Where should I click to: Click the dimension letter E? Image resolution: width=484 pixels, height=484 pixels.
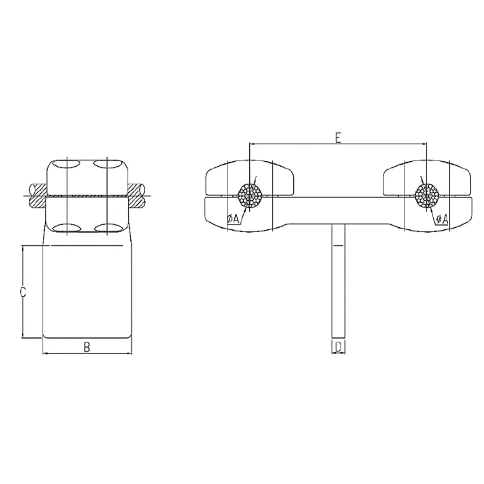[x=338, y=137]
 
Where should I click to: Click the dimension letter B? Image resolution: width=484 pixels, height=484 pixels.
[x=87, y=347]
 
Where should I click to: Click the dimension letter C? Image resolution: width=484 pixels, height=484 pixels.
[x=23, y=292]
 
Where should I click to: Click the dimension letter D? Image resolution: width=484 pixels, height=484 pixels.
[x=339, y=346]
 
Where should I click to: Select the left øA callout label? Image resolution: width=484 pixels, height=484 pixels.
[x=233, y=219]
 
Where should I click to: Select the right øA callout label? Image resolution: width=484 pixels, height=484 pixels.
[x=442, y=219]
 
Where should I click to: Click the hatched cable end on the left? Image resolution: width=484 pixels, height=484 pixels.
[x=37, y=195]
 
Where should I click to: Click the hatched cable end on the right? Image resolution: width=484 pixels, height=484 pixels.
[x=137, y=195]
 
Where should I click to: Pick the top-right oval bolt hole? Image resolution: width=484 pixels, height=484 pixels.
[x=107, y=164]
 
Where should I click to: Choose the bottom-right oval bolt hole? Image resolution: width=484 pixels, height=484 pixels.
[x=107, y=228]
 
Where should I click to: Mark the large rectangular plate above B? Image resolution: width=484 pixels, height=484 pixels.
[x=87, y=291]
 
